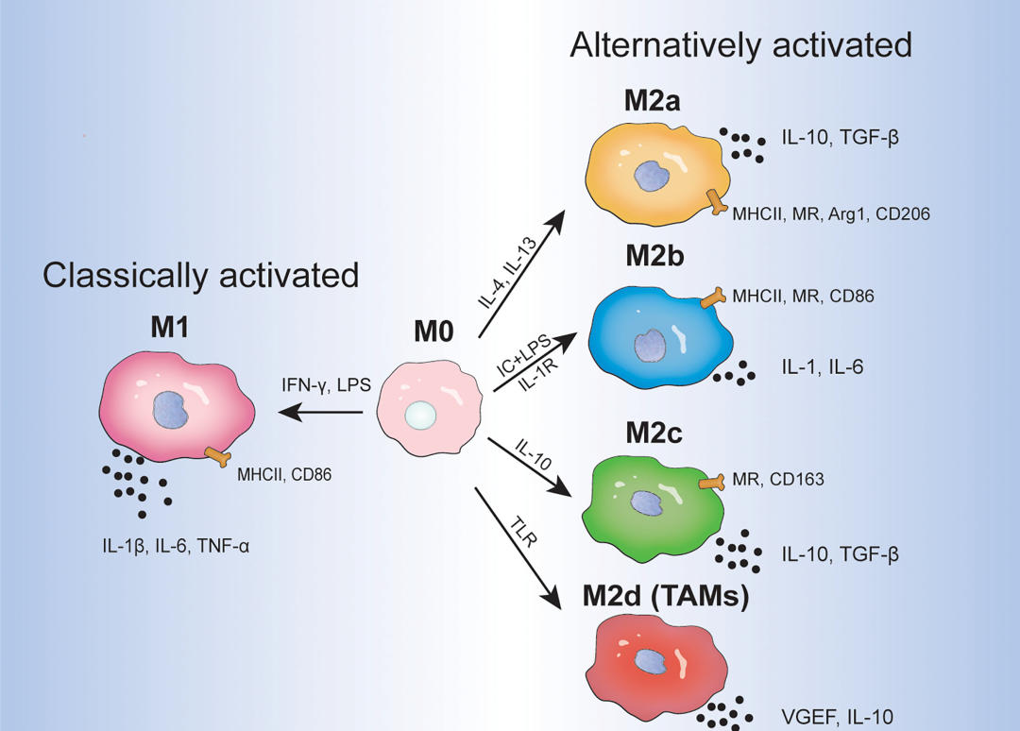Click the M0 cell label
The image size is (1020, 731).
(x=433, y=332)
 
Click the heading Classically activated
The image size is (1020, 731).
(x=201, y=275)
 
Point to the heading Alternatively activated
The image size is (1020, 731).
(x=740, y=45)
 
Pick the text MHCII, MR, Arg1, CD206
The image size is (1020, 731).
(x=831, y=214)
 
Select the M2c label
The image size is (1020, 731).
(x=653, y=435)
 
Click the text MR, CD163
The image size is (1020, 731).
(x=778, y=480)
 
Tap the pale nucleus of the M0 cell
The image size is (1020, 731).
(x=420, y=414)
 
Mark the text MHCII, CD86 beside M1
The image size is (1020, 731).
(x=284, y=475)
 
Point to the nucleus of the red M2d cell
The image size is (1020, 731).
(x=649, y=661)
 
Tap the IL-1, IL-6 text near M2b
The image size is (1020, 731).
(x=822, y=366)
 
